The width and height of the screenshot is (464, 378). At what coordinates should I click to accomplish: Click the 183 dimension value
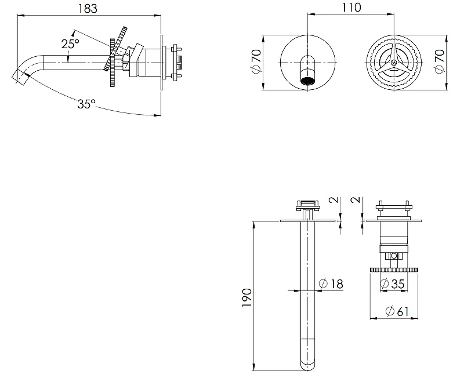88,8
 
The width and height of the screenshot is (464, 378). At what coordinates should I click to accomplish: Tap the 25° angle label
70,44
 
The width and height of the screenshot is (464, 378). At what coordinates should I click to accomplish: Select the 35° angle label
86,104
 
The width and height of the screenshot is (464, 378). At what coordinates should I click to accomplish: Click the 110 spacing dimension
351,8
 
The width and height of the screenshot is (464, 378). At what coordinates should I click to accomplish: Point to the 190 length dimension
246,297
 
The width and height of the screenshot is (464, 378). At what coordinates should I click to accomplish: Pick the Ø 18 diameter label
331,283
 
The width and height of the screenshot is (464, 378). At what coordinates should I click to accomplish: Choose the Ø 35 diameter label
392,283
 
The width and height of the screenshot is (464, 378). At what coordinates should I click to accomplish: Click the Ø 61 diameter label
397,311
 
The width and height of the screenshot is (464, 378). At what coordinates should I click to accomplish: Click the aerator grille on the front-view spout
308,81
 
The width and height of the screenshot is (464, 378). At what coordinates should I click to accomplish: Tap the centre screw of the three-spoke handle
394,63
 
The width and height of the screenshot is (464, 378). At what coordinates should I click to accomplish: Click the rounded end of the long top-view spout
308,365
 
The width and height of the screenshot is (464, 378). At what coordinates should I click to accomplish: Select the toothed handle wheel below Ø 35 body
394,270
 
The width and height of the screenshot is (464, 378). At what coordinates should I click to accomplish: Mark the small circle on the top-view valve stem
394,256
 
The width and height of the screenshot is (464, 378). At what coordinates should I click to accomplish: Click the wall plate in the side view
162,63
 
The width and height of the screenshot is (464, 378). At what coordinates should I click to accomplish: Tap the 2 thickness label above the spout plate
334,200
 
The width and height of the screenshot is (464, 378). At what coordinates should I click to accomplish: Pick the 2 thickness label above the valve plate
356,200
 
